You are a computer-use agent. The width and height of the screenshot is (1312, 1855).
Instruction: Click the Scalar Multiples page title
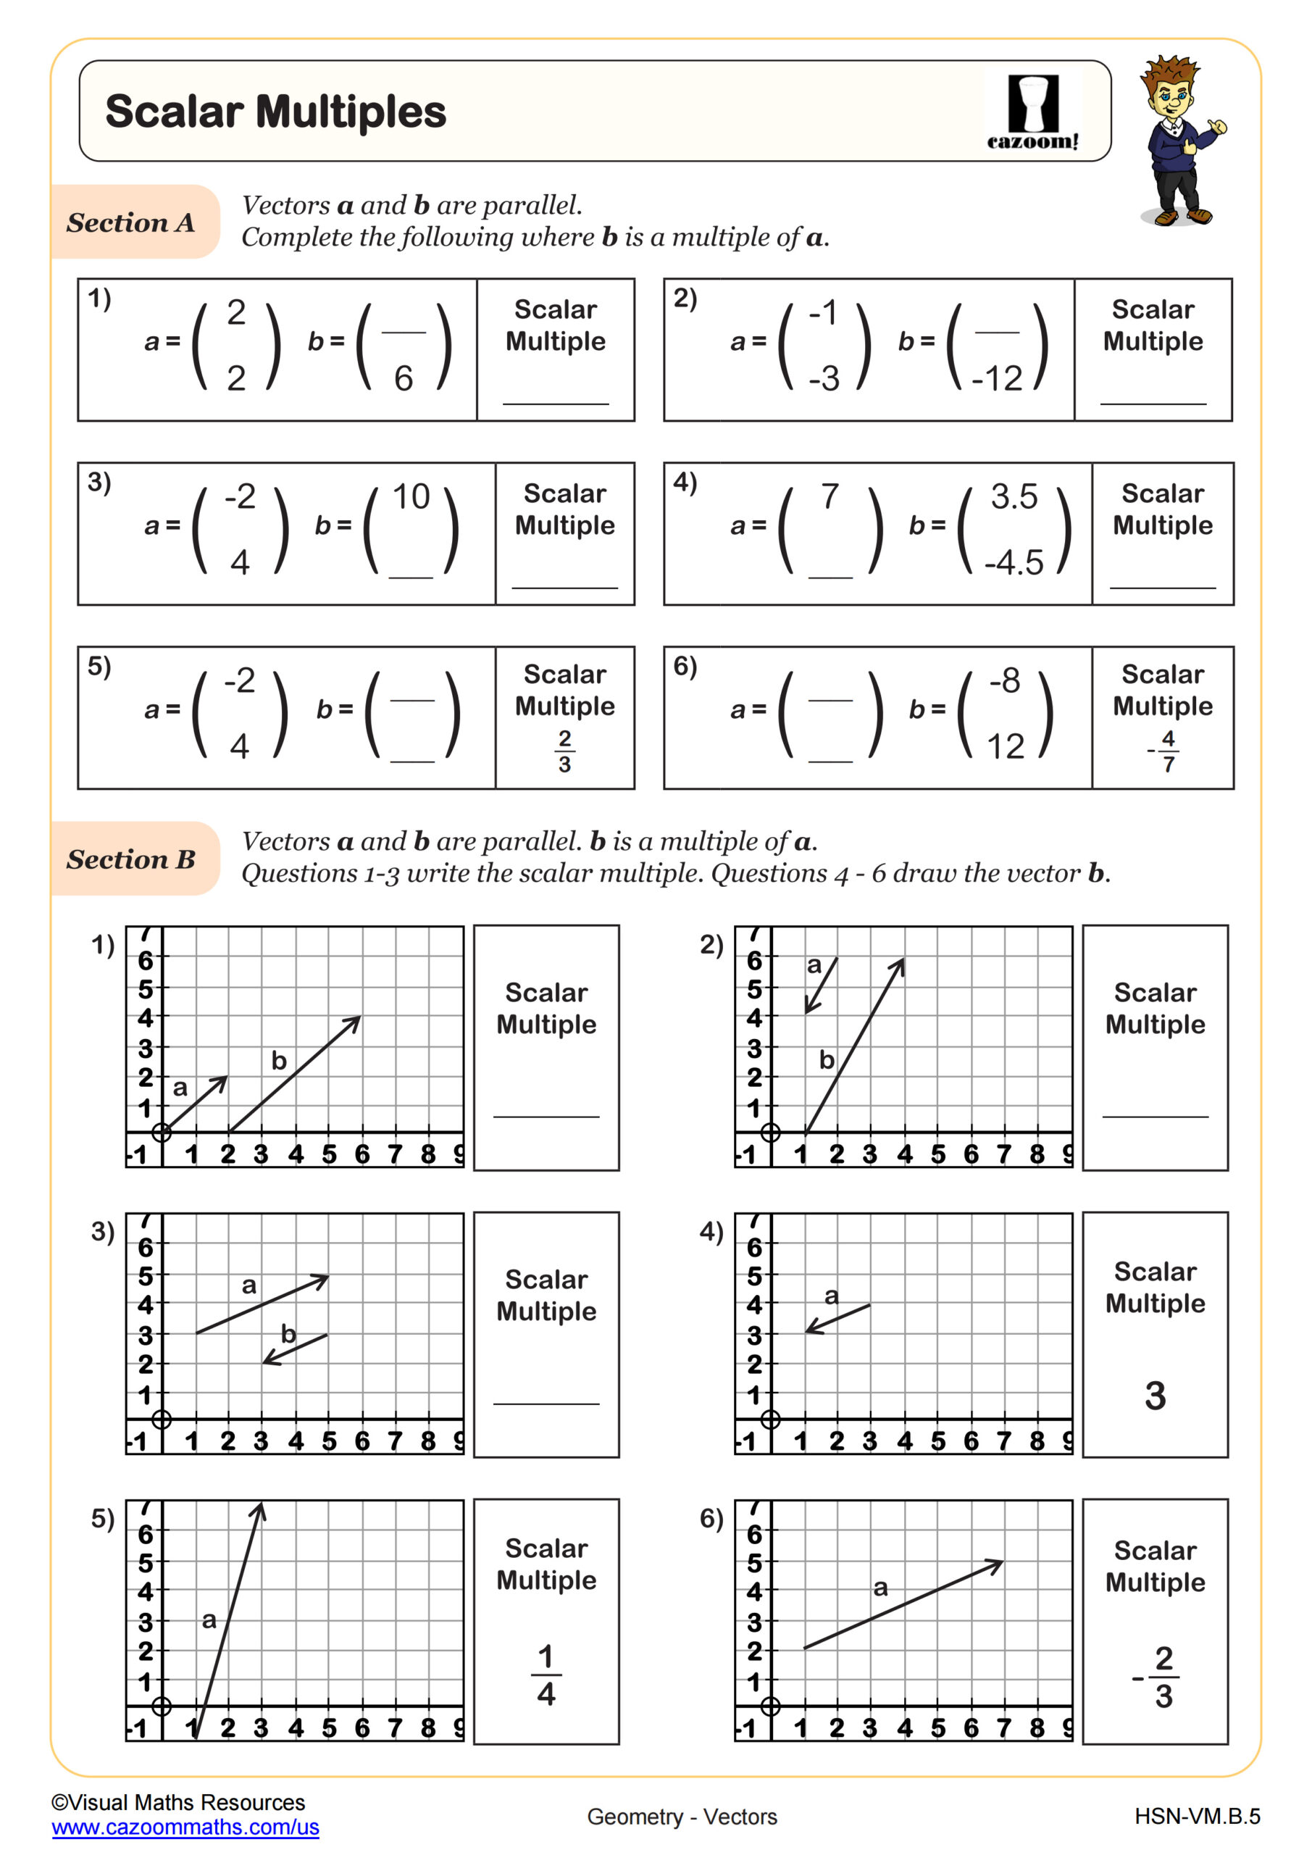275,112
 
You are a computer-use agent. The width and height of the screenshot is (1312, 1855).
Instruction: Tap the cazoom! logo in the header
1032,113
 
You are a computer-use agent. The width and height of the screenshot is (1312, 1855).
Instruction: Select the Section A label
131,222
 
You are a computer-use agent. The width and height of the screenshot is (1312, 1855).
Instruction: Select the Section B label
131,859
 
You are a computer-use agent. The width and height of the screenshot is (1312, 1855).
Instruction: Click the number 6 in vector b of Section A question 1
403,378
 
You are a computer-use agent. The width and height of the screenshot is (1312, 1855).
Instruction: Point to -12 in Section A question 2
997,378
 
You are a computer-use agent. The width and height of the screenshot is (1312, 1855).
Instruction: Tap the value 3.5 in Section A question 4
1014,496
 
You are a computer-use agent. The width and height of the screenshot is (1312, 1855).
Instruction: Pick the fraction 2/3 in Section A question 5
564,751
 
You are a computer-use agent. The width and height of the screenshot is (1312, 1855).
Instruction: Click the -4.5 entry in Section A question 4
1014,562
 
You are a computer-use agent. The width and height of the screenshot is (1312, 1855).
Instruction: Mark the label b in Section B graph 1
279,1060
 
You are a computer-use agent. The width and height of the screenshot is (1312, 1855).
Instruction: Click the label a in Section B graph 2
814,964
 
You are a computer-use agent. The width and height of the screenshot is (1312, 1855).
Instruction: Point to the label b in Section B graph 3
288,1333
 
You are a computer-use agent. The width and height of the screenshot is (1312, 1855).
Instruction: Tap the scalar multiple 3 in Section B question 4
1156,1396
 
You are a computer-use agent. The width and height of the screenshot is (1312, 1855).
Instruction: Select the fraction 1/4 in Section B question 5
546,1675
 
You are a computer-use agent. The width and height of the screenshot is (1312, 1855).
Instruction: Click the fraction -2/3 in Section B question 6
1158,1677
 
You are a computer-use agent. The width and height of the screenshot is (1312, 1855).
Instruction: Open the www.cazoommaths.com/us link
185,1827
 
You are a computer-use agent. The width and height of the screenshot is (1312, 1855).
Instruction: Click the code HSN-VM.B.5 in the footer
1197,1816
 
